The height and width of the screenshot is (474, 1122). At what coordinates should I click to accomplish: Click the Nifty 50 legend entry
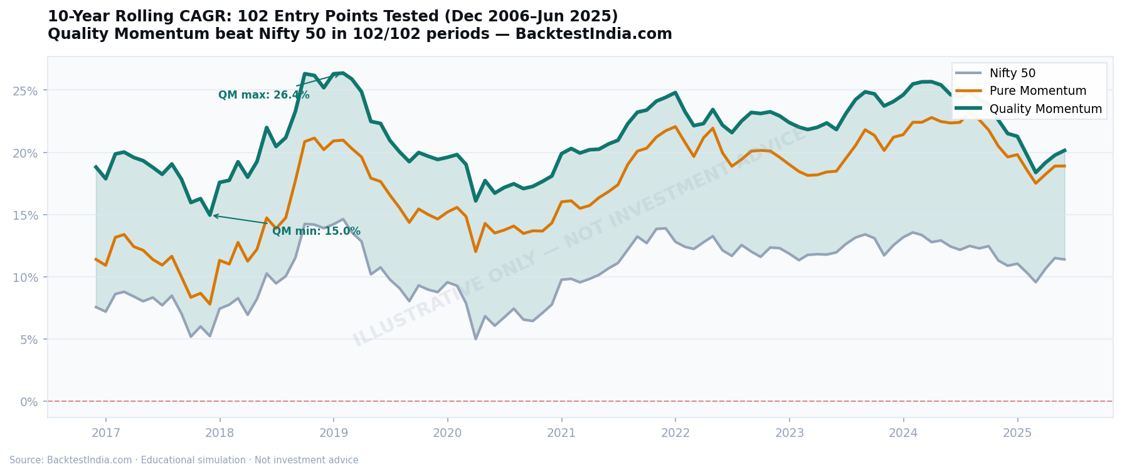coord(1012,73)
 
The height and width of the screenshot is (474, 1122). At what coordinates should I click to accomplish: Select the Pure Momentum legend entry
coord(1037,91)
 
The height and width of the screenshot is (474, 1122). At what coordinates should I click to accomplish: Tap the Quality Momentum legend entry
coord(1045,109)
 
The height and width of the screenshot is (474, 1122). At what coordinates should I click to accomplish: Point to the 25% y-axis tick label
coord(25,90)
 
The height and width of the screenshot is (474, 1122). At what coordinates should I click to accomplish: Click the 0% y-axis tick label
coord(29,402)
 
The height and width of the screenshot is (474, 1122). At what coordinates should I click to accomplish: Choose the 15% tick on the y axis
coord(25,215)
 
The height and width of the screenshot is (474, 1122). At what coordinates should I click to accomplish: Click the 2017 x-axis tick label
coord(106,433)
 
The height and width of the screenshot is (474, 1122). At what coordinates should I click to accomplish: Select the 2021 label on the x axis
coord(561,433)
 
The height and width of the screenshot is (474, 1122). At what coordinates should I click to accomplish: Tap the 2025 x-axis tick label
coord(1017,433)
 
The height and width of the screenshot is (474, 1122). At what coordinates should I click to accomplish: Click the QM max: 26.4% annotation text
coord(263,95)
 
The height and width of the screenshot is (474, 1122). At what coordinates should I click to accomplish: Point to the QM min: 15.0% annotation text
coord(316,232)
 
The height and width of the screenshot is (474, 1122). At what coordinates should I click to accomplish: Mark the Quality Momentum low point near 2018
coord(210,215)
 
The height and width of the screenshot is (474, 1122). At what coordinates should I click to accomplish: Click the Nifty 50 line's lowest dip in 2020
coord(475,339)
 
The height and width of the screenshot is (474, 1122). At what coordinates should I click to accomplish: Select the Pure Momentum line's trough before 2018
coord(210,304)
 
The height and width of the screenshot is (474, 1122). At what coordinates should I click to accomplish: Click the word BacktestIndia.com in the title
coord(593,35)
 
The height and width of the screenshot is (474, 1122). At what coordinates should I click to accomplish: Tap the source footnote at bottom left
coord(184,460)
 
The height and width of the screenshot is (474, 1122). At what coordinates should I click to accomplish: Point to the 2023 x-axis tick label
coord(790,433)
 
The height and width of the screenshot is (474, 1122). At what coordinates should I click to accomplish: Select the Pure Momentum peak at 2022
coord(675,127)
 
